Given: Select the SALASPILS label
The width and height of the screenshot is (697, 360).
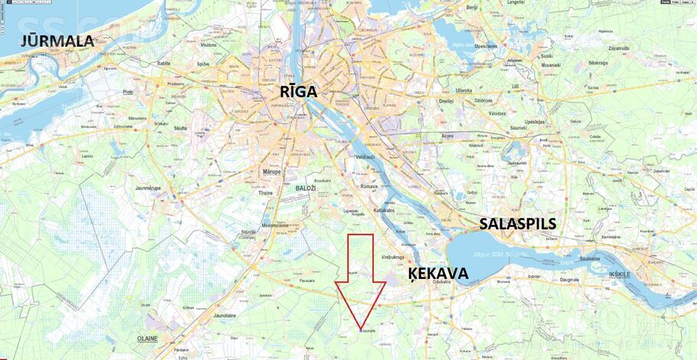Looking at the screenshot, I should [518, 224].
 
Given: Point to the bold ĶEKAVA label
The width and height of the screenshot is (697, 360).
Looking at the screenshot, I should [437, 273].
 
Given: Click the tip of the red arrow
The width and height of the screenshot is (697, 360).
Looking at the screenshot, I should [360, 331].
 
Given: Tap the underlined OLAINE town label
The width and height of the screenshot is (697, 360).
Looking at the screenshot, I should [147, 338].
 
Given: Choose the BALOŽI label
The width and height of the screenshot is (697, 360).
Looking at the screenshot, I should [305, 187].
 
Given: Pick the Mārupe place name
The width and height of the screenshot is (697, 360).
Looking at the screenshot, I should [272, 172].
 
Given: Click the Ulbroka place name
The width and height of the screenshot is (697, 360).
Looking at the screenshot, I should [464, 90].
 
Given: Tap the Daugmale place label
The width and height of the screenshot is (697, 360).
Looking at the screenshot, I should [569, 280].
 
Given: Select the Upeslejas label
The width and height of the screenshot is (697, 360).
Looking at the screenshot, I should [535, 121].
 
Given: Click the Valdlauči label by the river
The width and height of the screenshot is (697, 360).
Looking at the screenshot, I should [365, 156].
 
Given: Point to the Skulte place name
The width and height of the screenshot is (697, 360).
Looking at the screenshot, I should [181, 129].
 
